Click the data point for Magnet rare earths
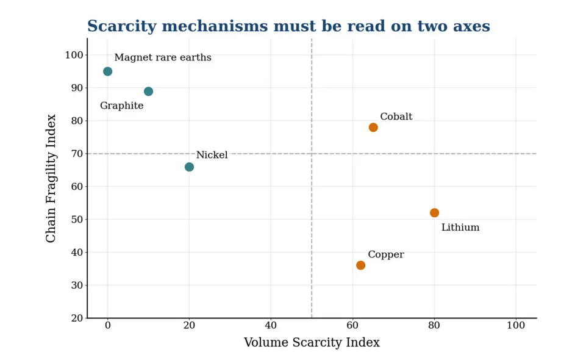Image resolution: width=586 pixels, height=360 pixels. (x=108, y=71)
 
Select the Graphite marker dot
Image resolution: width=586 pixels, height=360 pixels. (x=148, y=91)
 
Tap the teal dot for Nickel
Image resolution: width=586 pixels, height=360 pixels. (x=189, y=167)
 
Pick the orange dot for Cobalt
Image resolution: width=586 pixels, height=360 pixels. (x=373, y=128)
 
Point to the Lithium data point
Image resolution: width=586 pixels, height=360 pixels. (x=434, y=213)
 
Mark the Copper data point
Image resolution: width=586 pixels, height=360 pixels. (x=360, y=265)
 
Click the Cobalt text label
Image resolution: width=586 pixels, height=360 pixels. (x=396, y=117)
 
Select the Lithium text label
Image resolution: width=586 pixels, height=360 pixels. (x=460, y=228)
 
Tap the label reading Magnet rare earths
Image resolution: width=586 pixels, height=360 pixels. (x=163, y=57)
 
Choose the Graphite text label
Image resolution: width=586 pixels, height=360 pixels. (x=122, y=106)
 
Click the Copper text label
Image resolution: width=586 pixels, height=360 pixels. (x=386, y=255)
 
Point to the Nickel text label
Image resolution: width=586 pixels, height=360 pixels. (x=212, y=155)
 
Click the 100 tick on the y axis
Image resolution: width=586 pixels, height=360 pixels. (x=74, y=55)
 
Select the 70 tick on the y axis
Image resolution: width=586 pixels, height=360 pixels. (x=77, y=154)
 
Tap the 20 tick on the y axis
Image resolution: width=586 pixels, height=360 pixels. (x=77, y=318)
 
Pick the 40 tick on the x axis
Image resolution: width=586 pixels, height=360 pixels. (x=271, y=326)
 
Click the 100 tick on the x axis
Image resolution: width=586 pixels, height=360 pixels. (x=516, y=326)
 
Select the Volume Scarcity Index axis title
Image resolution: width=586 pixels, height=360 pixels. (x=312, y=342)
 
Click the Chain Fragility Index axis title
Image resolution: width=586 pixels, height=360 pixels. (x=51, y=178)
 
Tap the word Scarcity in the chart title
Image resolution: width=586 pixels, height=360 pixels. (x=122, y=26)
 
